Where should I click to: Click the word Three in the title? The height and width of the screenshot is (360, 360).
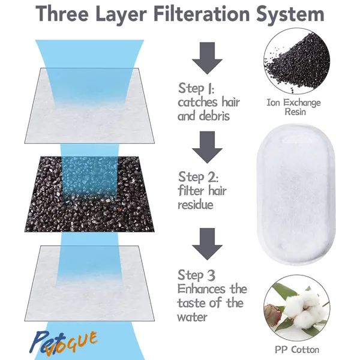tap(62, 13)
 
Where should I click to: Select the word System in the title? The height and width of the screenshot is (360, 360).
tap(290, 14)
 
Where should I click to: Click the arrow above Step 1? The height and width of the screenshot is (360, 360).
tap(208, 58)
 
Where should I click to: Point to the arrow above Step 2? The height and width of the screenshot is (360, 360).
tap(208, 147)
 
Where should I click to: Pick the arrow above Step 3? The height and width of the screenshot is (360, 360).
tap(208, 244)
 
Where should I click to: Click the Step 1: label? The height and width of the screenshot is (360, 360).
tap(196, 88)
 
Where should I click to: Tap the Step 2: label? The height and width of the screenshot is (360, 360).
tap(198, 177)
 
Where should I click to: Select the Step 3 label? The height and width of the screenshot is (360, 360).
tap(197, 275)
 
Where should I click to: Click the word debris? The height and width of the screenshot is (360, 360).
tap(215, 115)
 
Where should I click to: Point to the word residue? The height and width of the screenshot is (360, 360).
tap(196, 205)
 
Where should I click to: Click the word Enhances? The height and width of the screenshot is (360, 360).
tap(202, 289)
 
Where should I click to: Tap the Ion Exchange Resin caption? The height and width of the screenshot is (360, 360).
tap(293, 107)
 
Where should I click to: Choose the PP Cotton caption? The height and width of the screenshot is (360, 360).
tap(297, 350)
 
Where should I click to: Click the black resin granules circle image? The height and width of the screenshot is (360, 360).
tap(296, 61)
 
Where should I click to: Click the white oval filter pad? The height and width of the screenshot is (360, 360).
tap(296, 193)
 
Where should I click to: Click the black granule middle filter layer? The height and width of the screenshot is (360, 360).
tap(89, 194)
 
